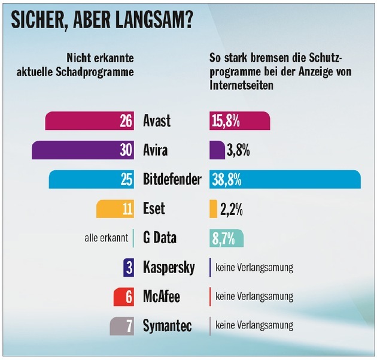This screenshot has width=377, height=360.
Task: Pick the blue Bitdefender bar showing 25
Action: point(93,179)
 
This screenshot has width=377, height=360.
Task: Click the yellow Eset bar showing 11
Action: point(115,208)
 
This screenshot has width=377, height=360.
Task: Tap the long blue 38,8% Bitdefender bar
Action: point(284,179)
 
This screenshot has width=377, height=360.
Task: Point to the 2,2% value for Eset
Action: point(231,209)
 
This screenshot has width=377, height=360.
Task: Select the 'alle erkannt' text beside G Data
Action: point(107,238)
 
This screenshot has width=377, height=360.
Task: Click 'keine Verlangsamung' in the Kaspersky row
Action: point(254,267)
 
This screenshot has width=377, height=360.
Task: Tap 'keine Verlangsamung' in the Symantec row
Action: point(254,326)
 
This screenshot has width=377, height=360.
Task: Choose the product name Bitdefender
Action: point(172,179)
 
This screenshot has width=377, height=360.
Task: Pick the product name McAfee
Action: point(161,297)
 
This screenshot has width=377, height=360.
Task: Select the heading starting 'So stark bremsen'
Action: point(280,71)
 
